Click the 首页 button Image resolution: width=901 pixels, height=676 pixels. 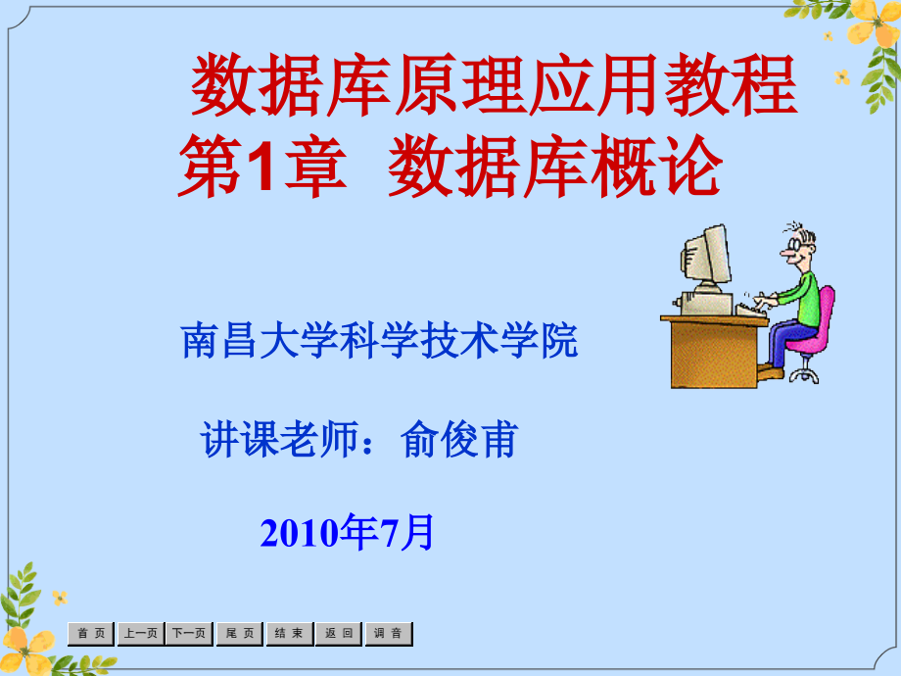(90, 634)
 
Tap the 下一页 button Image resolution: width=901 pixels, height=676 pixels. (189, 634)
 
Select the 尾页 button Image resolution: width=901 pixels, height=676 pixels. (239, 634)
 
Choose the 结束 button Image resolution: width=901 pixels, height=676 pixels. (289, 634)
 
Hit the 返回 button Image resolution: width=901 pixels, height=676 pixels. (339, 634)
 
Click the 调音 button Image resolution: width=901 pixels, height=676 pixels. (389, 634)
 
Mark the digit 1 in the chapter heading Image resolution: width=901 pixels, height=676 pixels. (259, 169)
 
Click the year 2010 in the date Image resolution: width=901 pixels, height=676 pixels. (295, 533)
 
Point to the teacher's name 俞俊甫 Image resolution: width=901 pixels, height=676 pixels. (458, 441)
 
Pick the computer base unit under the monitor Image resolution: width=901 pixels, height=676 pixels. (710, 298)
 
